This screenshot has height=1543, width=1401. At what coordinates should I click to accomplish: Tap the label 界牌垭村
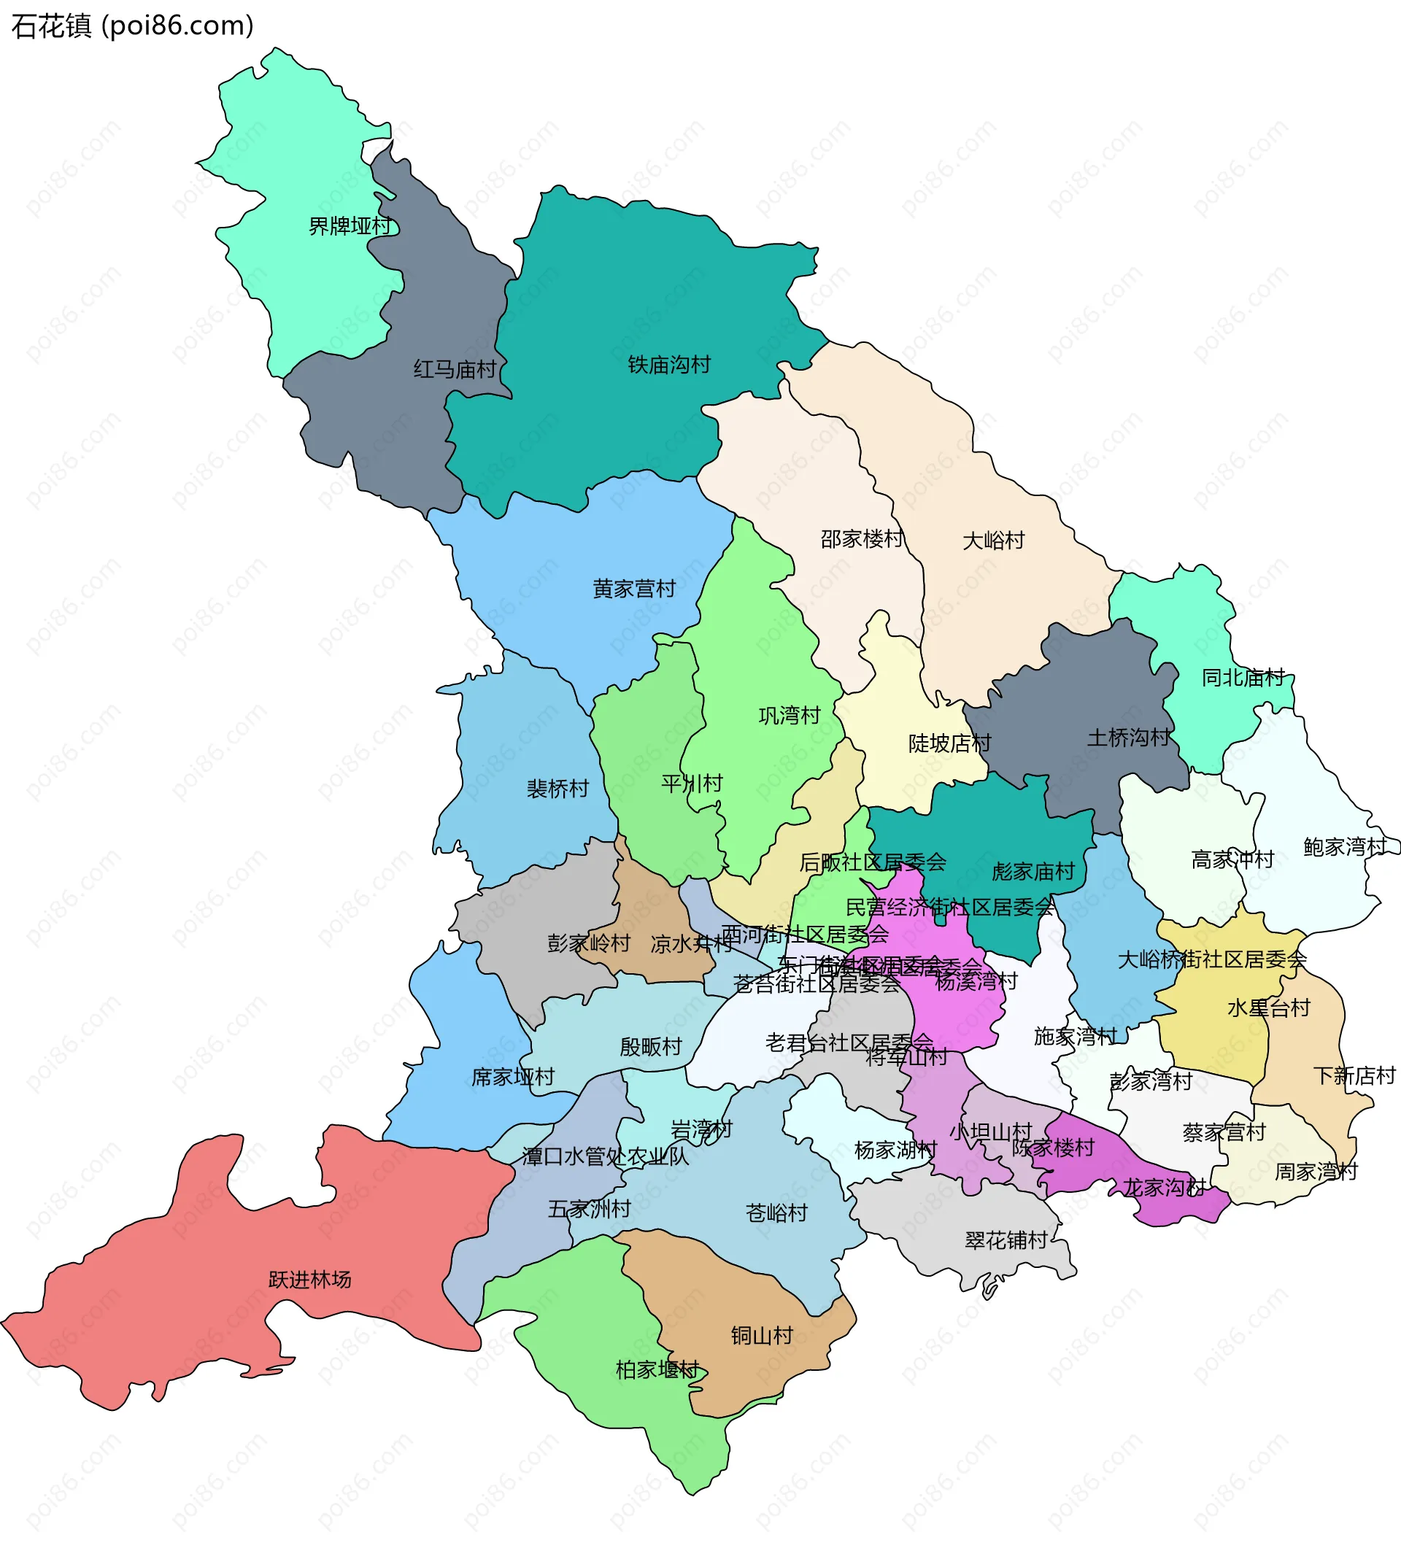point(349,227)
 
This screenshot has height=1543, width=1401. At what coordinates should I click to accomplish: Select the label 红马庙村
point(455,370)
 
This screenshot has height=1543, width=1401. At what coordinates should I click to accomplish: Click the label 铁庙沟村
point(669,365)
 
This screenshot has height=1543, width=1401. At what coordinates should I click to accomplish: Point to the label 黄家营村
point(634,589)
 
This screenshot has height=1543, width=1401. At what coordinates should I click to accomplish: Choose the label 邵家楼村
point(862,540)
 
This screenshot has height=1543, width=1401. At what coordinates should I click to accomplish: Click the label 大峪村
point(993,541)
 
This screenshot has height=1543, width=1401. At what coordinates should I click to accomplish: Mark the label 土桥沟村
point(1128,738)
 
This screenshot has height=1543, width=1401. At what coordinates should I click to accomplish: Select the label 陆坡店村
point(949,743)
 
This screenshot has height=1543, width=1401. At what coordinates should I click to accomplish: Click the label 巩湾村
point(790,716)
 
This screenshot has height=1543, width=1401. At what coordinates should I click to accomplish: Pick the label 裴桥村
point(557,789)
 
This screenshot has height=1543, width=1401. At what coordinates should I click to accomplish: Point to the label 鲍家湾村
point(1345,847)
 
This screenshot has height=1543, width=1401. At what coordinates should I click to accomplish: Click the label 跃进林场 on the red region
point(310,1280)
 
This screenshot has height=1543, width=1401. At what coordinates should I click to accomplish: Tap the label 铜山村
point(762,1337)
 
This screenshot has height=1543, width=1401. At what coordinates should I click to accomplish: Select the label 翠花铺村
point(1006,1241)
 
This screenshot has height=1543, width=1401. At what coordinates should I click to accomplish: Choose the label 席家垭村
point(513,1078)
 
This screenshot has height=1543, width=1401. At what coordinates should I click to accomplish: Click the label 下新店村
point(1354,1076)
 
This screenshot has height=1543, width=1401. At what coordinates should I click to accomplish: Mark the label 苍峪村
point(776,1213)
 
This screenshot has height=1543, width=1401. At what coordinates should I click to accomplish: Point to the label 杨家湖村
point(895,1151)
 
